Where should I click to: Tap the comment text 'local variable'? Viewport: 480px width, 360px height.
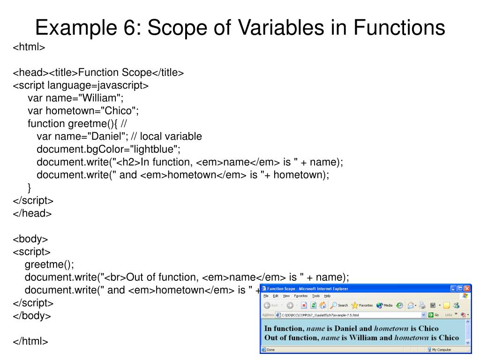[171, 136]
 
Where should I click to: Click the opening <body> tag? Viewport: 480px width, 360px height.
[30, 239]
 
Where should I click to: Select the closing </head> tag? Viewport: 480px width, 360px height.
[32, 213]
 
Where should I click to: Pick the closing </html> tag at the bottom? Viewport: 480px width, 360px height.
[30, 341]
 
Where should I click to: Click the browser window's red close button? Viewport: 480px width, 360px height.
[467, 289]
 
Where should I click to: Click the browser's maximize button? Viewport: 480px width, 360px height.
[460, 289]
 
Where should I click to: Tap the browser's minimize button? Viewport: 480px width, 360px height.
[454, 289]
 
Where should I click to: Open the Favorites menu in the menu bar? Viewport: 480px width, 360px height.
[301, 296]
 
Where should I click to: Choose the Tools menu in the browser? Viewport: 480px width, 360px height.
[316, 296]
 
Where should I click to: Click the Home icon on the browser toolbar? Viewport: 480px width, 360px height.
[323, 305]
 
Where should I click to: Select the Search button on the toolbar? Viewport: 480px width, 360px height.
[339, 305]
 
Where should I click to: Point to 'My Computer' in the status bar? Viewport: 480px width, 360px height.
[441, 350]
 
